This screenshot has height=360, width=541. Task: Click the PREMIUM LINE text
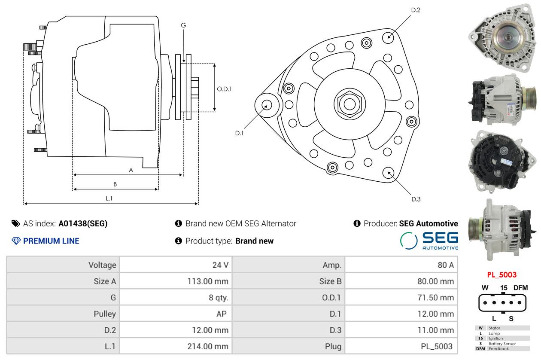coord(51,241)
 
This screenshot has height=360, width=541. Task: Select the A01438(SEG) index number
coord(83,223)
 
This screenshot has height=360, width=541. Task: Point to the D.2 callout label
coord(415,10)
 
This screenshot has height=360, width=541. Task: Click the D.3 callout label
coord(416,199)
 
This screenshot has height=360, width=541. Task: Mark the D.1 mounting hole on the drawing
coord(266,104)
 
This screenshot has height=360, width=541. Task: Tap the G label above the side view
coord(183,25)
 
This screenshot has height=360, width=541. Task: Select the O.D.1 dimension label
coord(224,89)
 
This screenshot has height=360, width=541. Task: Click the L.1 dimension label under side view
coord(109,198)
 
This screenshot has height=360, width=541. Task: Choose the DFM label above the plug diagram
coord(520,288)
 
